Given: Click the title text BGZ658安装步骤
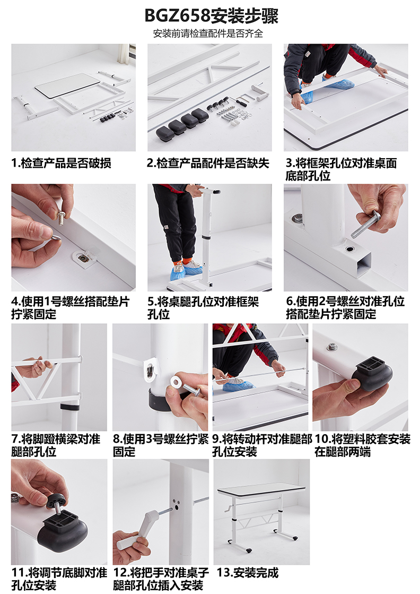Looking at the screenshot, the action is (x=211, y=16).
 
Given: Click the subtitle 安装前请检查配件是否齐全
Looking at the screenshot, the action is (x=208, y=34).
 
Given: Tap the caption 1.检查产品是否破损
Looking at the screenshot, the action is (x=62, y=163).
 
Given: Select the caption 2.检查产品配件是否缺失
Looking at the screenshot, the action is (x=208, y=163).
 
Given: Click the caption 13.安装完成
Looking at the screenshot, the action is (x=248, y=573).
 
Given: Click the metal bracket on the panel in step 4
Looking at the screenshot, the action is (x=84, y=257).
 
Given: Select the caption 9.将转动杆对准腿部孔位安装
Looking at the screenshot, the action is (x=262, y=445).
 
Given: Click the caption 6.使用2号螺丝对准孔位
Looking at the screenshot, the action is (x=345, y=302).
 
